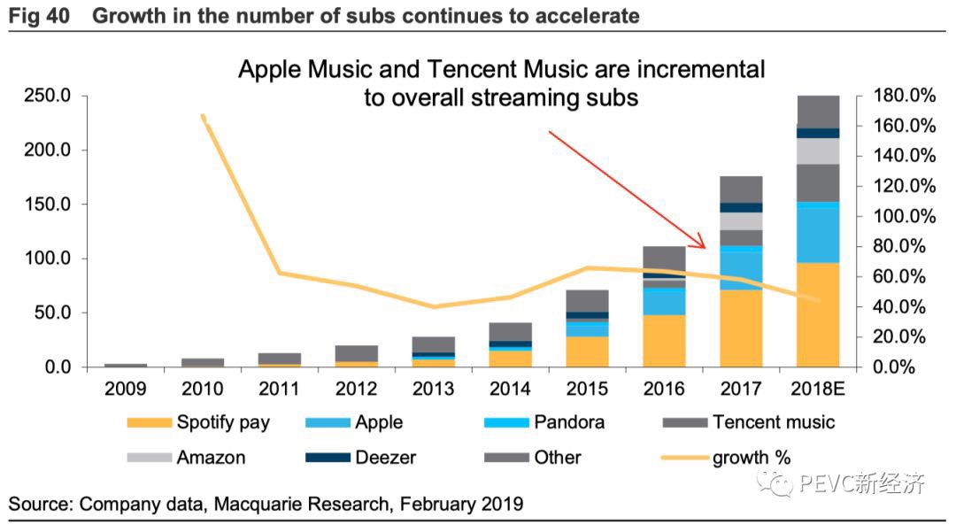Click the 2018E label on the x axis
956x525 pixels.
click(817, 390)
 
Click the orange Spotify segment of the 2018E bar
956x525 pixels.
click(817, 314)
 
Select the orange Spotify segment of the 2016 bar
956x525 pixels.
click(665, 341)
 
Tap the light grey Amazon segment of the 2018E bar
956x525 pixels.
click(817, 151)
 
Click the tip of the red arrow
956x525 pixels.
click(704, 249)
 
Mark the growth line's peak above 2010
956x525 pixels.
click(203, 116)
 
